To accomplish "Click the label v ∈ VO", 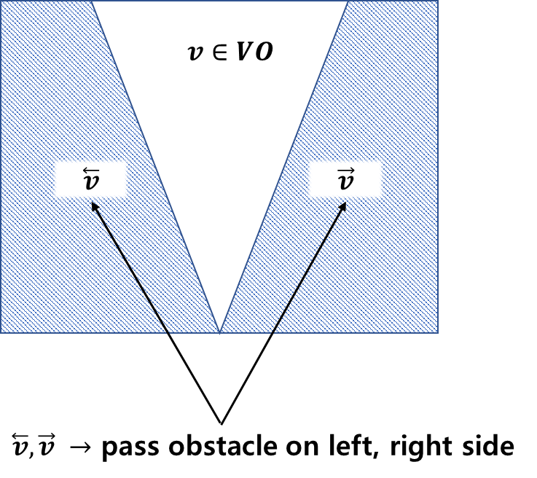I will [x=230, y=52].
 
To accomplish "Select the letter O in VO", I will [x=264, y=52].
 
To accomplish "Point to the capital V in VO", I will [x=244, y=52].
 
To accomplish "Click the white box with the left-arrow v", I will [x=91, y=179].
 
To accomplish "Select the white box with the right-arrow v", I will [x=345, y=179].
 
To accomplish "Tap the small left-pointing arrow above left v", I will [x=91, y=171].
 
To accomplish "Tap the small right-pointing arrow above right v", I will [x=345, y=171].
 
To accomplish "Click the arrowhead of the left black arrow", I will [x=94, y=206].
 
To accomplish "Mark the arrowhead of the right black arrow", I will [x=343, y=206].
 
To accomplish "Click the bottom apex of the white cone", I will [x=219, y=332].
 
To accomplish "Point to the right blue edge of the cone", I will [x=283, y=168].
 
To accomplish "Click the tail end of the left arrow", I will [x=168, y=332].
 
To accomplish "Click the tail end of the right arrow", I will [x=273, y=332].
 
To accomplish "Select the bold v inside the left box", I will [x=91, y=183].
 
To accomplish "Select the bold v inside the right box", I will [x=345, y=183].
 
